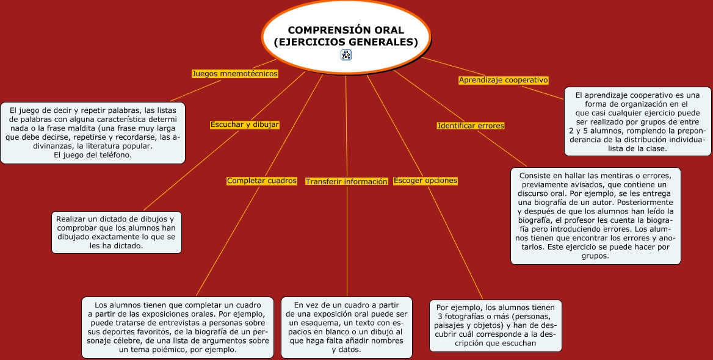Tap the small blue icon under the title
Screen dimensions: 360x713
(346, 55)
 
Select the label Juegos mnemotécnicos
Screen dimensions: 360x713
(234, 74)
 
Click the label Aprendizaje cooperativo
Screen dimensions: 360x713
(503, 80)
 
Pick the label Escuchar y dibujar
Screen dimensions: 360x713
(244, 124)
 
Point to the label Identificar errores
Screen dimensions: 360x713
(471, 126)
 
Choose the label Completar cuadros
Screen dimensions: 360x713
(261, 181)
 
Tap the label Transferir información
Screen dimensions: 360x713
(346, 181)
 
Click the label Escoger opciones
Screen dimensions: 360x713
(425, 181)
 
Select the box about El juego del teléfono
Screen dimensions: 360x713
(92, 132)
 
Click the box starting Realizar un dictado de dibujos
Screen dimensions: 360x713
(116, 232)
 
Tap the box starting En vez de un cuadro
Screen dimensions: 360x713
(346, 327)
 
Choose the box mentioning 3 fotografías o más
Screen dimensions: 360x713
(496, 325)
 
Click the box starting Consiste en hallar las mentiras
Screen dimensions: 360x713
(595, 215)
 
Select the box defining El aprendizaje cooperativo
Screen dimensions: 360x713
(637, 121)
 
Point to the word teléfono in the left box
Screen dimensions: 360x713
(113, 155)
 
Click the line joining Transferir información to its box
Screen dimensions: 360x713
(347, 244)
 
